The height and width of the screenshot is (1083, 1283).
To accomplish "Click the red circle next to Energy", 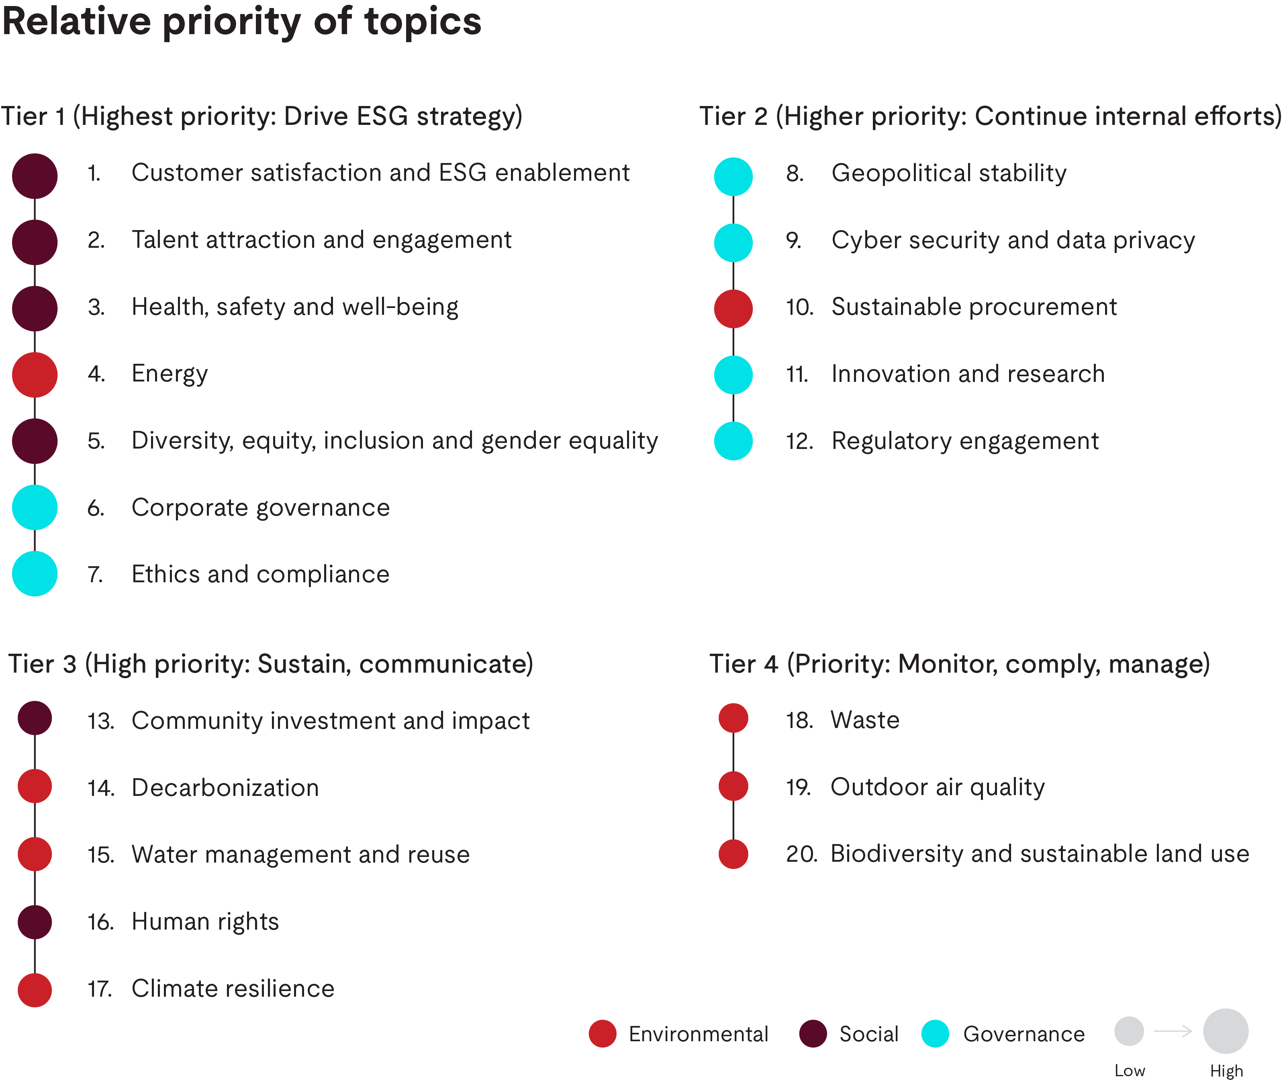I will click(x=35, y=375).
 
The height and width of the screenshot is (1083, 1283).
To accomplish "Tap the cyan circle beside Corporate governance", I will click(x=35, y=507).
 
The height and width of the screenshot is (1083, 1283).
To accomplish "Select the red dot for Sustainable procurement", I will click(x=733, y=308).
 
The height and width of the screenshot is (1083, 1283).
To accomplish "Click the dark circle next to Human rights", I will click(x=35, y=922).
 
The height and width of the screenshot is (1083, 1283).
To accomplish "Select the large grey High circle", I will click(x=1225, y=1032).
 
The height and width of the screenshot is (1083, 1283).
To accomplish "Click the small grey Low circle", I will click(x=1129, y=1032).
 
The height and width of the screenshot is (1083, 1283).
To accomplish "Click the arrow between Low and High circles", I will click(x=1173, y=1032).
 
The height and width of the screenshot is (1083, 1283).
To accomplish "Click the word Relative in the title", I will click(x=77, y=22).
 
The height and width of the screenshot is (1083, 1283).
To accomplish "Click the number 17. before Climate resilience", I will click(x=100, y=989).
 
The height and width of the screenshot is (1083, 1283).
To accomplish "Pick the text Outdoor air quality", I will click(x=937, y=787).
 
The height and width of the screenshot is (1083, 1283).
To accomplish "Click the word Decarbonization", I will click(x=225, y=788).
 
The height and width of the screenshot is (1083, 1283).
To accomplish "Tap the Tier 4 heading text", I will click(x=959, y=664).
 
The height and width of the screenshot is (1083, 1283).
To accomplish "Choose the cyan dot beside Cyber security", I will click(x=733, y=243).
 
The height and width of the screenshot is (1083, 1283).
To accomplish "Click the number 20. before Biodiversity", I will click(x=801, y=854).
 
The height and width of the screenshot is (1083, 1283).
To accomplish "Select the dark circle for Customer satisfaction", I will click(x=35, y=176).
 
